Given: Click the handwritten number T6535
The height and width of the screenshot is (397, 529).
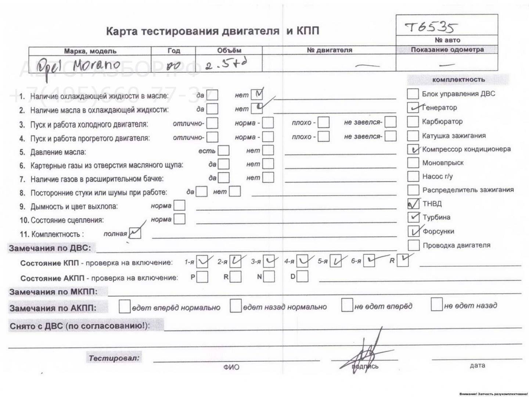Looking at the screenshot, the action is pos(431,27).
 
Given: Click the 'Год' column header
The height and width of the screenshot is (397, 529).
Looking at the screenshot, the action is pos(173,51).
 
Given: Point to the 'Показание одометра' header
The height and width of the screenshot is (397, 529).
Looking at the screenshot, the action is pos(447,50).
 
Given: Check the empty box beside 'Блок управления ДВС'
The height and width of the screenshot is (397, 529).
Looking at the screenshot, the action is pos(413,94).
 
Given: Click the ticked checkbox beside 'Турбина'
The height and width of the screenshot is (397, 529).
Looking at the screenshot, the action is pos(413,217).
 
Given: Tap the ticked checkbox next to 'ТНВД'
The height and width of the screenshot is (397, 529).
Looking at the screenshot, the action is pos(413,204).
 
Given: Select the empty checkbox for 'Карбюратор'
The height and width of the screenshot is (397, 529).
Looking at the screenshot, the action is pos(413,121).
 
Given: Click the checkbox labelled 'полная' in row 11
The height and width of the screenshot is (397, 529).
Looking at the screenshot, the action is pos(135,233).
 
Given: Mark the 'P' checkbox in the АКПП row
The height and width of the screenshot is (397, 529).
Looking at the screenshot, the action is pos(202,277).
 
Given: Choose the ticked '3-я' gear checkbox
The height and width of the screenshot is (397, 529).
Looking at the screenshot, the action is pos(269,261).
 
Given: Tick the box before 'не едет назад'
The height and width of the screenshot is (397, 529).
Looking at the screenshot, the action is pos(436,305).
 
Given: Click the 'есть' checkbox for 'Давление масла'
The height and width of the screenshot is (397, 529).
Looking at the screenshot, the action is pos(223,151).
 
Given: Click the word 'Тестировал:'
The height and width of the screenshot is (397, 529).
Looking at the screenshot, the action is pos(114,358).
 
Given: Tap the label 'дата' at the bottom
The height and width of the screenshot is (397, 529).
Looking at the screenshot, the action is pos(477,365).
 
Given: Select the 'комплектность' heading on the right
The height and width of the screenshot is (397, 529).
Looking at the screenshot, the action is pos(458,80).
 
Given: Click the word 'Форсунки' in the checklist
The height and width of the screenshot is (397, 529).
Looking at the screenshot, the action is pos(438,232).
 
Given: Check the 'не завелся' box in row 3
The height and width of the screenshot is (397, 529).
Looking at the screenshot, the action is pos(390,122).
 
